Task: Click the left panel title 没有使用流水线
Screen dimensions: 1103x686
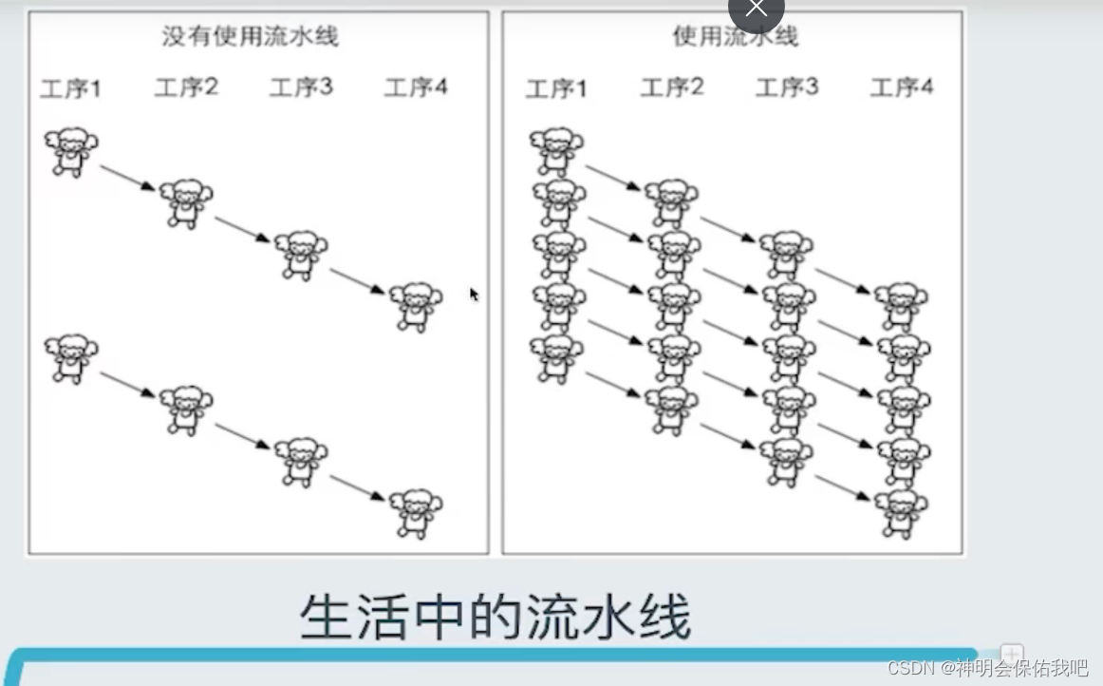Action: [250, 37]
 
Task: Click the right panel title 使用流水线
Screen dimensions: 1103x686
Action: [736, 37]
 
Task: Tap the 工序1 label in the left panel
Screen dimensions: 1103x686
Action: [70, 89]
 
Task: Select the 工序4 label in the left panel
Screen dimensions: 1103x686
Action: [416, 88]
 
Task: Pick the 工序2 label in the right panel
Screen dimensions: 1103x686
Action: [672, 88]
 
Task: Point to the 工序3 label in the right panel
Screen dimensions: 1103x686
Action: [787, 88]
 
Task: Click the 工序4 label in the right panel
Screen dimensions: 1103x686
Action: [902, 88]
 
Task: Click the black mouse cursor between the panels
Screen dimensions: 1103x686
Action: [474, 295]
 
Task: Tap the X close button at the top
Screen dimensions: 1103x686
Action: [756, 10]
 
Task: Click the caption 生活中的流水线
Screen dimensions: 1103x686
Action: [495, 618]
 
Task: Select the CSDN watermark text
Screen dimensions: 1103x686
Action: [987, 667]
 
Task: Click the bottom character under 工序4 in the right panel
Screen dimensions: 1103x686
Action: [902, 513]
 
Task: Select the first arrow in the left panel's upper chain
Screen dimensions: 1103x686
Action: [127, 178]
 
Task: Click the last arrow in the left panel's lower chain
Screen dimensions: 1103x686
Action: [357, 487]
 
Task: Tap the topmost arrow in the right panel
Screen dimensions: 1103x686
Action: [613, 178]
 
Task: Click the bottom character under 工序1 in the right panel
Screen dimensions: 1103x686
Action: [556, 358]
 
